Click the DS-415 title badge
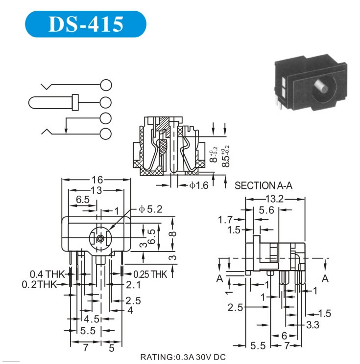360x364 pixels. (x=85, y=24)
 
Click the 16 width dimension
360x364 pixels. (x=96, y=180)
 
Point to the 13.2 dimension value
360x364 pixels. (x=274, y=199)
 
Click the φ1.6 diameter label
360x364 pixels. (x=199, y=185)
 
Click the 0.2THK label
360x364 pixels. (x=40, y=284)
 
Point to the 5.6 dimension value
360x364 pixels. (x=266, y=210)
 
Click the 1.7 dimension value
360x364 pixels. (x=225, y=219)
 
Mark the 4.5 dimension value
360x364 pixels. (x=94, y=319)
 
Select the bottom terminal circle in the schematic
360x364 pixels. (x=105, y=134)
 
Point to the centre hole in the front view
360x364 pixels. (x=100, y=239)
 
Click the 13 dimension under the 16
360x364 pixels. (x=96, y=190)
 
